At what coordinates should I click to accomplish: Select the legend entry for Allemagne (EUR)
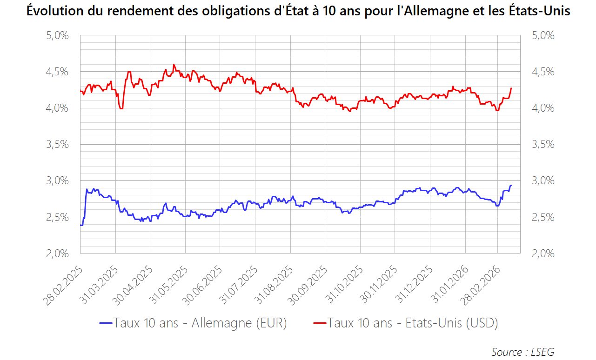[x=193, y=323]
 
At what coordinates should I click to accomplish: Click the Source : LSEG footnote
[x=522, y=352]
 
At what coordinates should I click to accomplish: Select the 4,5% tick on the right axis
[x=543, y=72]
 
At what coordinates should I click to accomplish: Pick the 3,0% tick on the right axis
[x=543, y=181]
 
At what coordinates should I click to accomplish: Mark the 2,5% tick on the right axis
[x=543, y=217]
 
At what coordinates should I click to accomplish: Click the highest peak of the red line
[x=174, y=65]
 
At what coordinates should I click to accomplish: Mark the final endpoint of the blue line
[x=511, y=186]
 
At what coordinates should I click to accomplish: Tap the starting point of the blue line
[x=80, y=225]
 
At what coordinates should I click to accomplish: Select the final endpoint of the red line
[x=511, y=88]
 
